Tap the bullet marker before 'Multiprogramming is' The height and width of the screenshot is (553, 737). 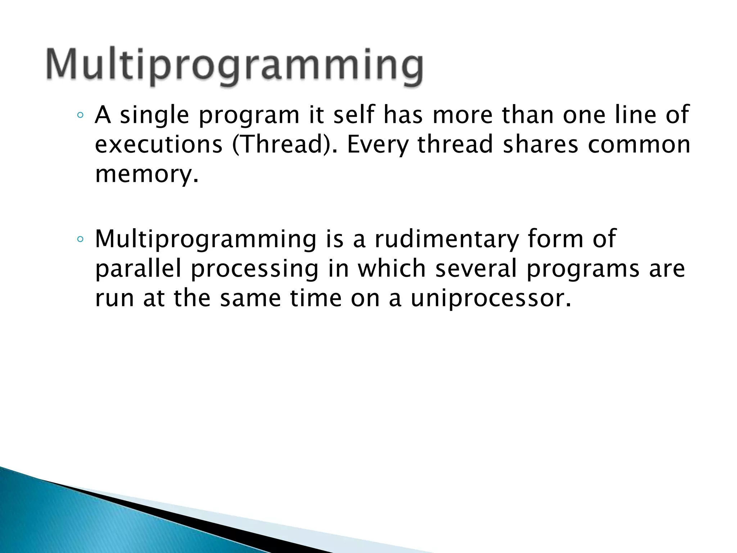pyautogui.click(x=81, y=239)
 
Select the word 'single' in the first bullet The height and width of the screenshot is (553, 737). pyautogui.click(x=154, y=115)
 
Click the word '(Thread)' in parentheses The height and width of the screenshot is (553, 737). pyautogui.click(x=285, y=144)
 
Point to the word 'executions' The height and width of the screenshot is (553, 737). pyautogui.click(x=159, y=144)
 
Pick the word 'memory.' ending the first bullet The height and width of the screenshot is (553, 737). pyautogui.click(x=146, y=175)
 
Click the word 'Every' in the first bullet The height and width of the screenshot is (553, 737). pyautogui.click(x=377, y=144)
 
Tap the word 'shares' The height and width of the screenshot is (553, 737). pyautogui.click(x=540, y=144)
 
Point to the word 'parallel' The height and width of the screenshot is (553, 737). pyautogui.click(x=139, y=269)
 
